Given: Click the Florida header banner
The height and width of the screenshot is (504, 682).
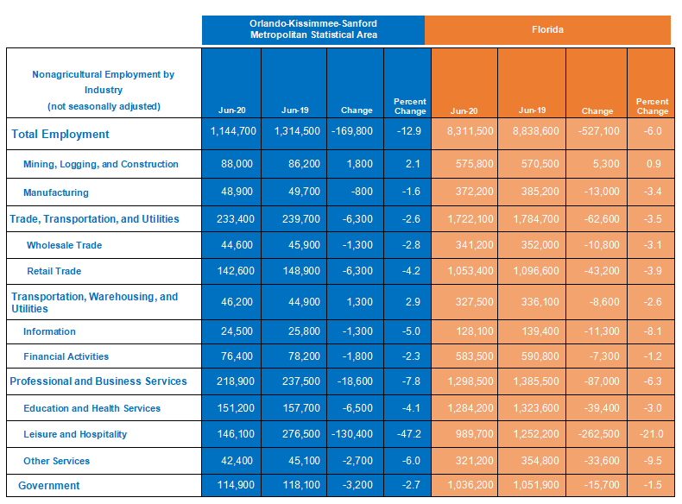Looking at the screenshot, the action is coord(547,30).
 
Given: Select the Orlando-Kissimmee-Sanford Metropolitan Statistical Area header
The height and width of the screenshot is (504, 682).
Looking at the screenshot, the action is coord(313,29).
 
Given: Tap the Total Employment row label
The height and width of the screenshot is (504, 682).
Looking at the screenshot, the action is coord(60,135).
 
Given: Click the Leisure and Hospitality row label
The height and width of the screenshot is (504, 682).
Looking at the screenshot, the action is coord(75,434).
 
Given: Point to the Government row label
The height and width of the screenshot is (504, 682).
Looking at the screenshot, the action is coord(48,486).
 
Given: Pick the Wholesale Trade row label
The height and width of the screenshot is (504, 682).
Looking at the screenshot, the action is coord(65,245).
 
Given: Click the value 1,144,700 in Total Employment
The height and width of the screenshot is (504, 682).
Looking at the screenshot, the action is coord(233,131).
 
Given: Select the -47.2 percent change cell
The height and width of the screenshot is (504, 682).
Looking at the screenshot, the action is coord(409,434).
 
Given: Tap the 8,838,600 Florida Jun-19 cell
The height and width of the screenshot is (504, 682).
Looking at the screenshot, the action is coord(536,131).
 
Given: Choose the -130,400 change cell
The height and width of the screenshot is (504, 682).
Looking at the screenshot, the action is coord(352,434).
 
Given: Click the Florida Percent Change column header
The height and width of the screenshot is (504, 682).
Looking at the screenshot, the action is coord(653,106).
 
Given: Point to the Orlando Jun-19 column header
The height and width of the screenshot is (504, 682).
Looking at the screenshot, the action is coord(295,110).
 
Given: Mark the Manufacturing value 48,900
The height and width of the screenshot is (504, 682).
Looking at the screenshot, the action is coord(237,192).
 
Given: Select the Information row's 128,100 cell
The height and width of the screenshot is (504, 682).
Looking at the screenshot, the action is coord(475,331).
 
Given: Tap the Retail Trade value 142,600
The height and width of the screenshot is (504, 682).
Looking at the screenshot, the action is coord(236,271).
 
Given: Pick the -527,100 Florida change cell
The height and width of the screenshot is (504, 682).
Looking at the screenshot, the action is coord(599,131).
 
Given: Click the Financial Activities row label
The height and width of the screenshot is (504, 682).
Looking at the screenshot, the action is coord(66,357).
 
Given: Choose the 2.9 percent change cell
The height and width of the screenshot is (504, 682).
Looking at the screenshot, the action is coord(413,302).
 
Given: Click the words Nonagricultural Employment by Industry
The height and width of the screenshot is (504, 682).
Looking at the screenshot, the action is coord(104,82).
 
